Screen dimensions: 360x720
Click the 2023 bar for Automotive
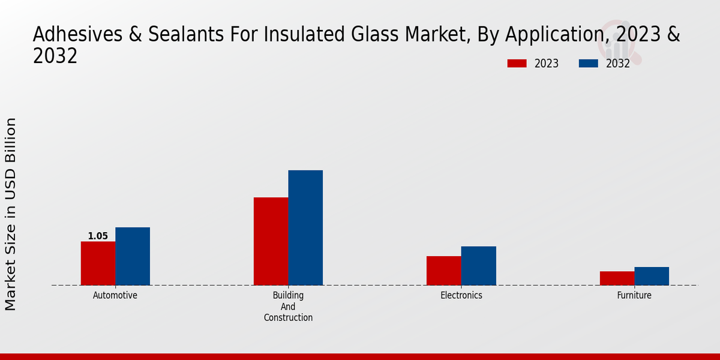(x=98, y=263)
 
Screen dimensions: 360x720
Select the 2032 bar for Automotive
(x=133, y=256)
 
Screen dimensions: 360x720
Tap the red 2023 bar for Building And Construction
(x=271, y=241)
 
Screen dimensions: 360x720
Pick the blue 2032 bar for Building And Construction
(x=305, y=228)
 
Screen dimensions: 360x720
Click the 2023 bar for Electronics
(x=444, y=271)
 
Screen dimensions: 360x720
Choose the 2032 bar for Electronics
(x=479, y=266)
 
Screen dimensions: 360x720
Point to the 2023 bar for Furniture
(x=617, y=278)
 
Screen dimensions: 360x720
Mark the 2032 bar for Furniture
(x=652, y=276)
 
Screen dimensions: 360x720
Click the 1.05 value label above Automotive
(x=98, y=236)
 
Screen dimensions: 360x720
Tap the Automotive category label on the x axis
(x=115, y=295)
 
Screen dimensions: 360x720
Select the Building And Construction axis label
(x=288, y=306)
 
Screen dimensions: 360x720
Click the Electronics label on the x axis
(x=461, y=295)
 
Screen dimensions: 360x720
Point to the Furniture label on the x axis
(x=634, y=295)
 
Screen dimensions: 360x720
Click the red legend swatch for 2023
(x=517, y=64)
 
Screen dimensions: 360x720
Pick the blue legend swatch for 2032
(x=589, y=64)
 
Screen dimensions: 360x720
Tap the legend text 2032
(x=618, y=64)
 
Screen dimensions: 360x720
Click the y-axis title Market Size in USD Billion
(x=11, y=214)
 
